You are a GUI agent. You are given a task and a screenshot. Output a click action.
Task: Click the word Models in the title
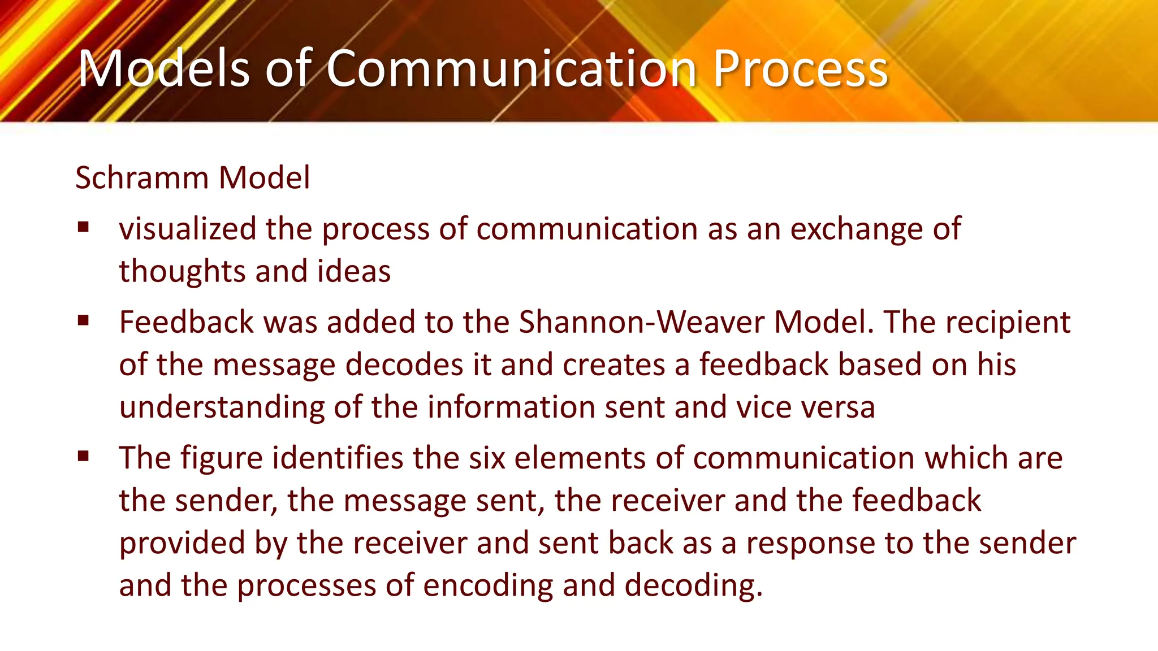click(163, 68)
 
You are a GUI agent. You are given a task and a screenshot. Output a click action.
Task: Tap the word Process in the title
click(800, 68)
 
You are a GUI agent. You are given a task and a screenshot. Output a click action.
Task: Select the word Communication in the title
click(511, 68)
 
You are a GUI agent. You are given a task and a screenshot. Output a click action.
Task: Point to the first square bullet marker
click(84, 228)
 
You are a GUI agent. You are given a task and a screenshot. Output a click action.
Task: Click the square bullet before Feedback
click(84, 321)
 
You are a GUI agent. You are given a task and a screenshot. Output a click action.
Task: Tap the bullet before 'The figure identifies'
click(84, 456)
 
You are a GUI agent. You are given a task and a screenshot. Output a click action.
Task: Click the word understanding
click(222, 407)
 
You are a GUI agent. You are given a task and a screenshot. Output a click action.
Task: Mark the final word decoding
click(693, 585)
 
